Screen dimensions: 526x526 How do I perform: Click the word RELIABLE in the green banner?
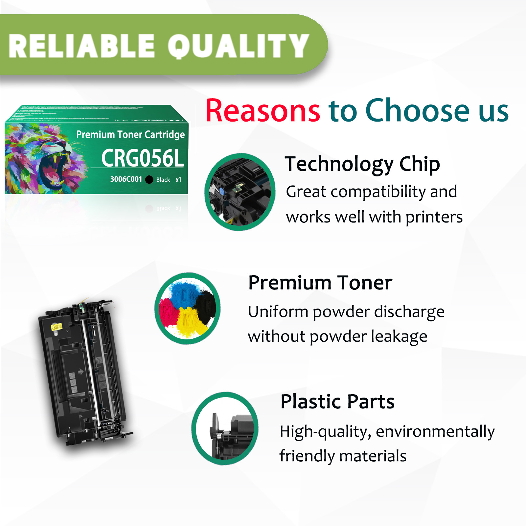[x=81, y=46]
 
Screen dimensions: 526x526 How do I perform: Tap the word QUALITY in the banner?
[x=238, y=46]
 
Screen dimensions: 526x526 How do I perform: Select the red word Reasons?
[x=263, y=111]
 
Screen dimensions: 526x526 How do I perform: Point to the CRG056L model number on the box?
[x=142, y=158]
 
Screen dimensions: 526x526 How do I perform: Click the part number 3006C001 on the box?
[x=126, y=179]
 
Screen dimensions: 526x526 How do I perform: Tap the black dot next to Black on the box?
[x=149, y=179]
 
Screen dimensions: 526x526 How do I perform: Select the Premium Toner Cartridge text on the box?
[x=130, y=135]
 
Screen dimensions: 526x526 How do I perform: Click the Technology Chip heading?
[x=362, y=164]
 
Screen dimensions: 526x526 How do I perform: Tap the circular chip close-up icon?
[x=240, y=192]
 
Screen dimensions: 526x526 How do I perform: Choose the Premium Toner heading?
[x=320, y=283]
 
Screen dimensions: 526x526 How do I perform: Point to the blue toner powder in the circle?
[x=183, y=293]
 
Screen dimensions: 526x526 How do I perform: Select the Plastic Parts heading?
[x=337, y=401]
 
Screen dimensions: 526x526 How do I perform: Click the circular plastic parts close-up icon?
[x=225, y=428]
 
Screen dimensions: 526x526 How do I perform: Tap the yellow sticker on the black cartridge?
[x=57, y=327]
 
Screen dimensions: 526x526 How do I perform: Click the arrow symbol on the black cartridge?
[x=80, y=372]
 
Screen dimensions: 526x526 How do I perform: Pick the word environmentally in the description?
[x=435, y=431]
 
